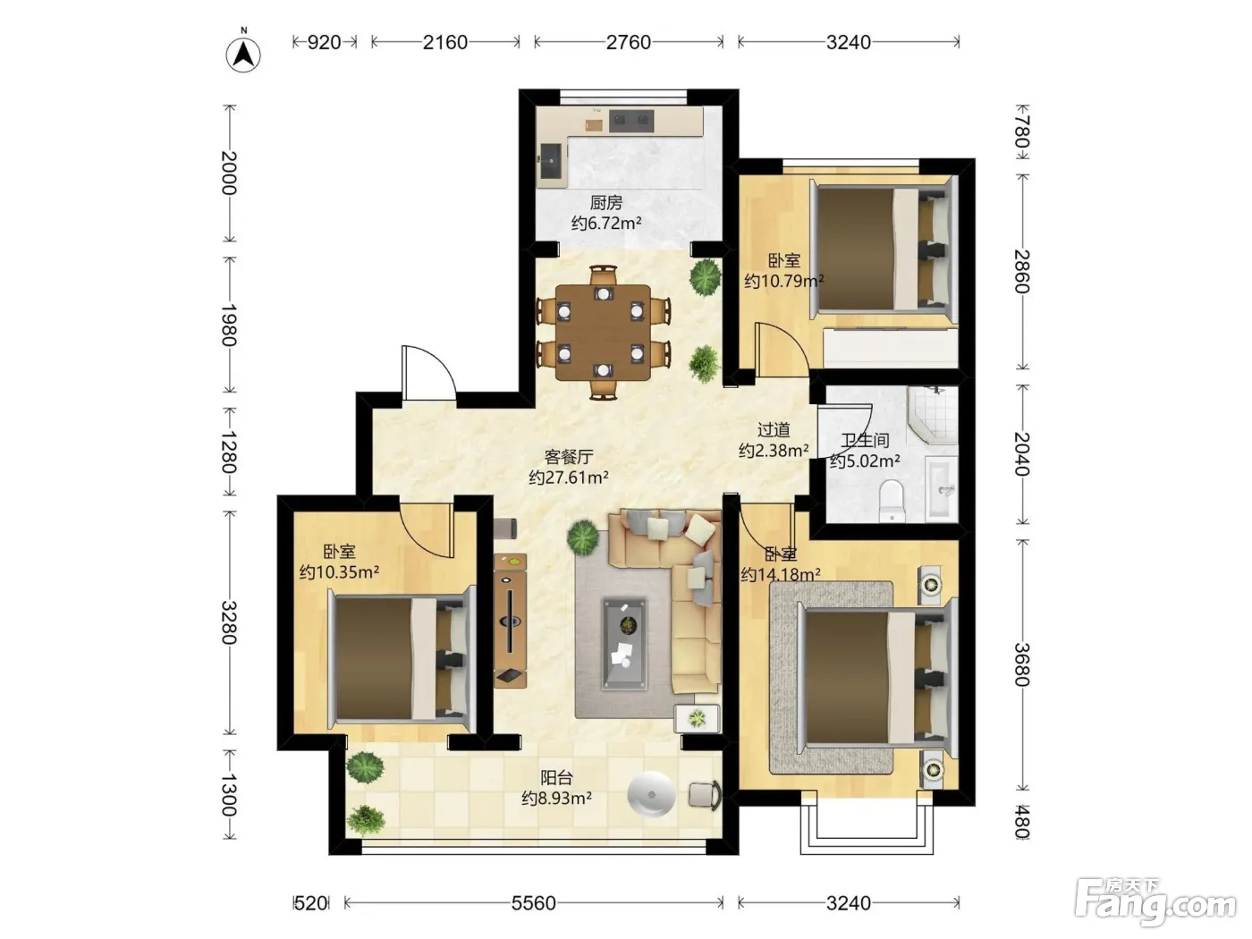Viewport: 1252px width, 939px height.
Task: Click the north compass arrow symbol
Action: point(243,55)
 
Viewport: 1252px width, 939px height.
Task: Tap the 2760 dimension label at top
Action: point(628,42)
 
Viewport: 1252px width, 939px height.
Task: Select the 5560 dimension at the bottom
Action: point(533,902)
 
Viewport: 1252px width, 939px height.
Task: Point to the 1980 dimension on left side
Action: point(228,325)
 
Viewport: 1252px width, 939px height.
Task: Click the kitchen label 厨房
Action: point(605,202)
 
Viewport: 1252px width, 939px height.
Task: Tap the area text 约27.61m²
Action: point(568,478)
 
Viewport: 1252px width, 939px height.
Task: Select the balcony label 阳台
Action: point(556,778)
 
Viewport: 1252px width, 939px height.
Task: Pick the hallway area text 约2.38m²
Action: point(774,451)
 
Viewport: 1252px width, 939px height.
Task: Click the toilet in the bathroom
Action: point(892,501)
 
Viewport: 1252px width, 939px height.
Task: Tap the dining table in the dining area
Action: point(603,333)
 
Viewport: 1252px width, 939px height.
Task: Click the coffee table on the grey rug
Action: point(624,642)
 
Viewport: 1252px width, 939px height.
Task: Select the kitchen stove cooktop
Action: point(630,121)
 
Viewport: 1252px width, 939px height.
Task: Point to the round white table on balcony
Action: point(651,794)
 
